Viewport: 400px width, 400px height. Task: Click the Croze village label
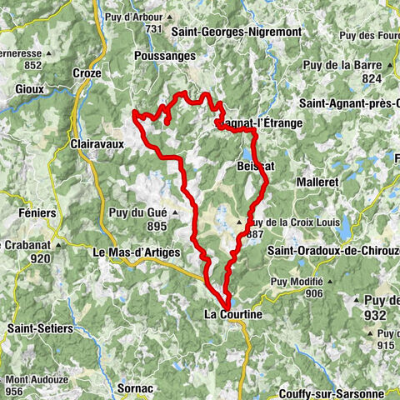[x=87, y=72]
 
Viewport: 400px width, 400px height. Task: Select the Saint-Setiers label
[x=39, y=329]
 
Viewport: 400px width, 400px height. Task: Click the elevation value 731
[x=152, y=29]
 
